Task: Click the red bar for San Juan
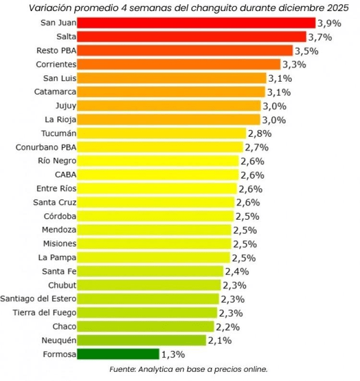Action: tap(196, 23)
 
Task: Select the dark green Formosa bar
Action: tap(118, 354)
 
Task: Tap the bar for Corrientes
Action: tap(179, 64)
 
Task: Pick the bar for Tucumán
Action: tap(161, 133)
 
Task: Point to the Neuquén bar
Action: tap(142, 340)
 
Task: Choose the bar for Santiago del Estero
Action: tap(148, 299)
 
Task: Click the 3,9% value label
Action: tap(329, 23)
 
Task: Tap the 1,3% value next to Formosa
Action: tap(173, 355)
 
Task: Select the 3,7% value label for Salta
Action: tap(320, 36)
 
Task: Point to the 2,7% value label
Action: tap(256, 147)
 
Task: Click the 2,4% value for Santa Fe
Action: tap(237, 272)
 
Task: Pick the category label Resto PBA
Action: tap(56, 50)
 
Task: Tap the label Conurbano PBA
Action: tap(46, 147)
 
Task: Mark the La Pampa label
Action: tap(57, 257)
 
